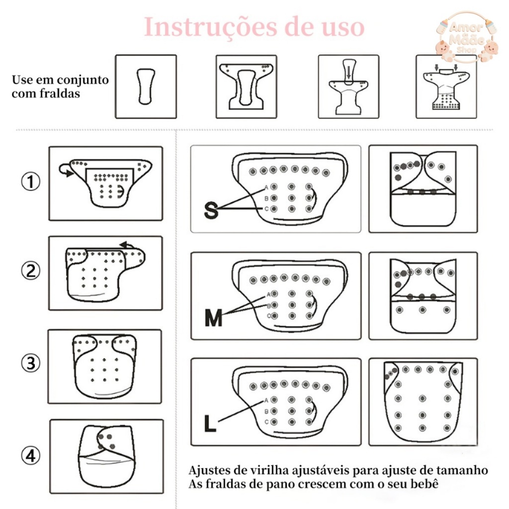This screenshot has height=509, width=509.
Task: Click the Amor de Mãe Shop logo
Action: (467, 37)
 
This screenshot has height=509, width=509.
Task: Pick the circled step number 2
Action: (30, 270)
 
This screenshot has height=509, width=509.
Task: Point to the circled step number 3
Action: (30, 362)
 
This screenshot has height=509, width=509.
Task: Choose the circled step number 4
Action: (30, 455)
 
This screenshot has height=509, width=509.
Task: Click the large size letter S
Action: (211, 210)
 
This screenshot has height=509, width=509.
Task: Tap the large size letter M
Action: (214, 318)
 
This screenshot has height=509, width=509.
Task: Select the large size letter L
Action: (210, 424)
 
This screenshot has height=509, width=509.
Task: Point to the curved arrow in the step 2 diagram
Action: (128, 245)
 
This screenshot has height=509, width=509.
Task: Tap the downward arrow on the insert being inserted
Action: (348, 73)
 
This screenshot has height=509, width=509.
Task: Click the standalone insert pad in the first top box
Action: (146, 86)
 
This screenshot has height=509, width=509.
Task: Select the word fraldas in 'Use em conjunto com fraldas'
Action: (60, 93)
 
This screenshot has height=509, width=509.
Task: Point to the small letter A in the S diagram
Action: (266, 187)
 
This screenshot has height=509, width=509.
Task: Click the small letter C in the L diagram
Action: (266, 422)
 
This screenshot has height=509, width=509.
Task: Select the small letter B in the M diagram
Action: (268, 306)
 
